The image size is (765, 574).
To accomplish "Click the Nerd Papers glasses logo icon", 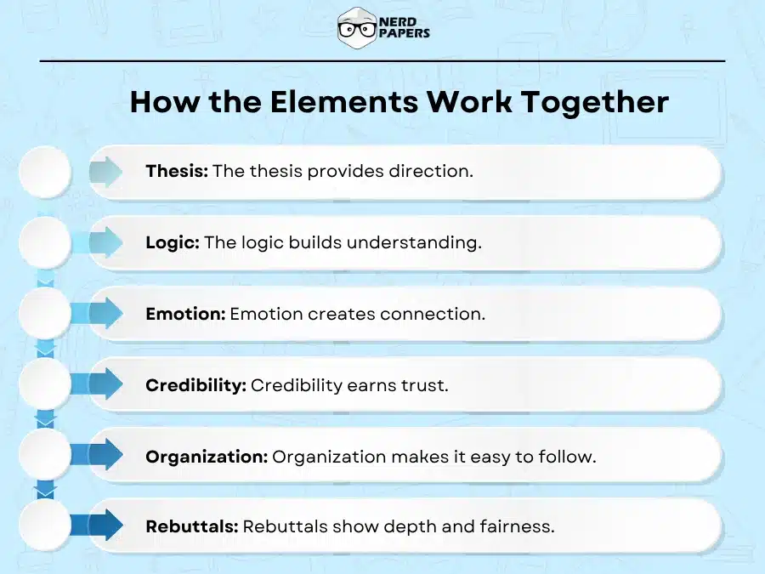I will [356, 28].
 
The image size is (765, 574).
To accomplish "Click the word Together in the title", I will [594, 102].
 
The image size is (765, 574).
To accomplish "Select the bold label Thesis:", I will [177, 171].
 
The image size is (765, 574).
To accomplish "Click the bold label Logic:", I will [173, 242].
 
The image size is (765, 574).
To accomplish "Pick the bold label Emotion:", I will [185, 314].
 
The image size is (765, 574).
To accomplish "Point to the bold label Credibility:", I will [195, 385].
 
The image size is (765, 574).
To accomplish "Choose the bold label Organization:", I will [207, 457].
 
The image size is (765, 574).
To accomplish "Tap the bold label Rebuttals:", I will [192, 526].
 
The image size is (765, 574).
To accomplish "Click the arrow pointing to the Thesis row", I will [106, 172].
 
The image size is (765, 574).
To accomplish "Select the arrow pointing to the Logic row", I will [106, 243].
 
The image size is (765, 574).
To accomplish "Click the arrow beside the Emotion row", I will [106, 314].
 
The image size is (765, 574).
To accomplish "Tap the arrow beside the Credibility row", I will [106, 384].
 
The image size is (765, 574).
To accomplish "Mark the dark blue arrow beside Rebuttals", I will [106, 526].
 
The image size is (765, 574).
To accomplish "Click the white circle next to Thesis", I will [44, 172].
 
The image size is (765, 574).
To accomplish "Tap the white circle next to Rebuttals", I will [44, 526].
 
